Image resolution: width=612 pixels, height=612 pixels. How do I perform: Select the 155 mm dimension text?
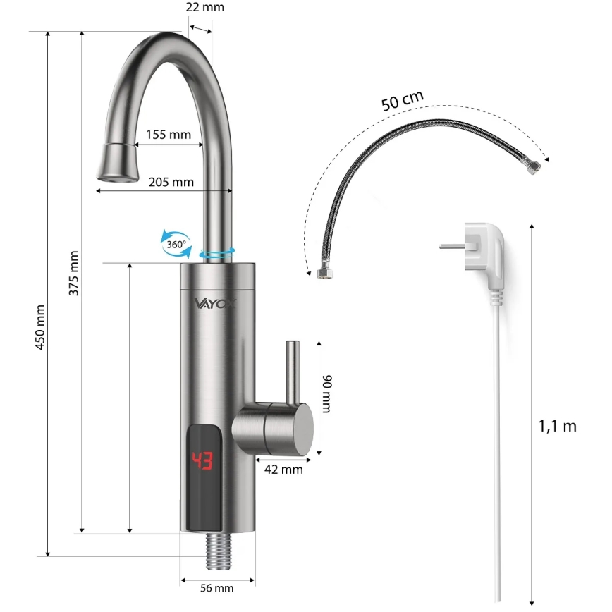[x=169, y=135]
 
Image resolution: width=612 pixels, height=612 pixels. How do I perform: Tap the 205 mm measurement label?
[x=171, y=181]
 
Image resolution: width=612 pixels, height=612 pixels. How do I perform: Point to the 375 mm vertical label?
[x=74, y=273]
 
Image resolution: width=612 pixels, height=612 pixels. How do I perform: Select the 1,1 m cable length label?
[x=557, y=426]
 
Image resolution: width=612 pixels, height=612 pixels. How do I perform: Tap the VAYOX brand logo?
[x=216, y=303]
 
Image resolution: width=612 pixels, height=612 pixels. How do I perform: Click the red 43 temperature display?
[x=203, y=462]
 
